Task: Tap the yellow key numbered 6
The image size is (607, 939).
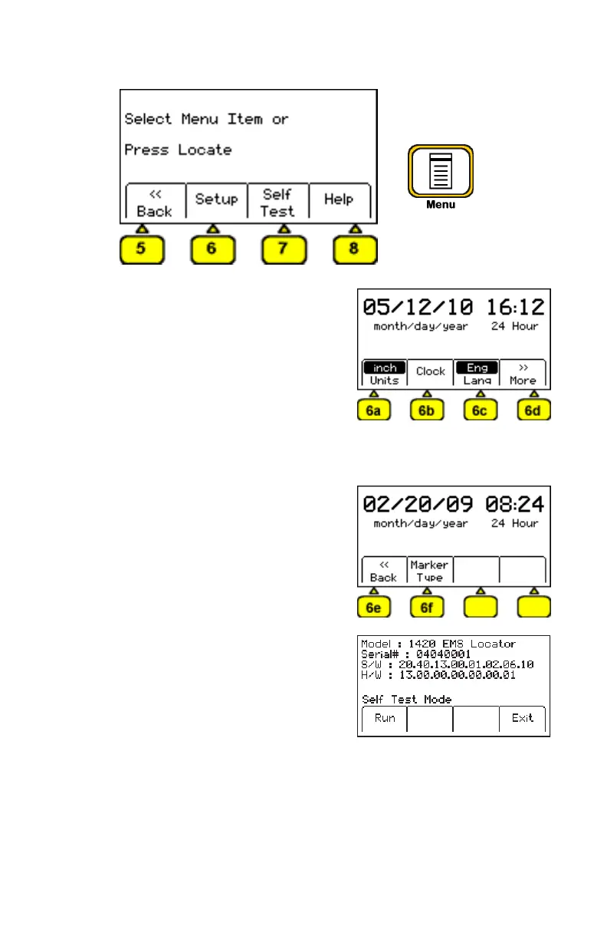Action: click(212, 249)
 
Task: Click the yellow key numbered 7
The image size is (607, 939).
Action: click(284, 249)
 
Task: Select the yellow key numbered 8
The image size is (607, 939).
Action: click(355, 249)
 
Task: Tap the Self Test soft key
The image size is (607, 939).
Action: click(277, 202)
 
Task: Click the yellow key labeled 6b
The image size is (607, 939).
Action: click(427, 410)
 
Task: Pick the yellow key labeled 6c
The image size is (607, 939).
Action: click(481, 410)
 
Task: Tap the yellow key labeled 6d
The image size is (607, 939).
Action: click(534, 410)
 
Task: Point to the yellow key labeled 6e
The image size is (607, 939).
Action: click(373, 608)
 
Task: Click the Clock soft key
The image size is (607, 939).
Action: click(430, 372)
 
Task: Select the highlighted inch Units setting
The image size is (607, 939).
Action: click(384, 373)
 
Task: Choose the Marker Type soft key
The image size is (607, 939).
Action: click(429, 571)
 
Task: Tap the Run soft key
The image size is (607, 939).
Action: click(384, 718)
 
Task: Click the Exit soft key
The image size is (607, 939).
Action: click(523, 718)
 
